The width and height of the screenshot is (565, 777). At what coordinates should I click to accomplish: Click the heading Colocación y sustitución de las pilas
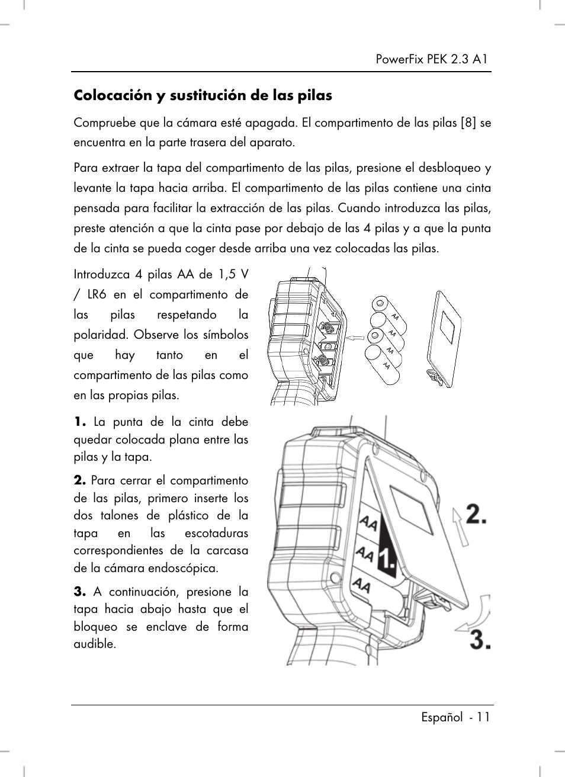pyautogui.click(x=203, y=95)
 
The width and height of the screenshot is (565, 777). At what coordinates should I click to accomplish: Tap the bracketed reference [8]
pyautogui.click(x=469, y=123)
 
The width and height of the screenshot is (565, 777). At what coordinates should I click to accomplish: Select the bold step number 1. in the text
pyautogui.click(x=82, y=422)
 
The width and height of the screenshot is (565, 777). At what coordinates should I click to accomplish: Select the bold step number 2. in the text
pyautogui.click(x=82, y=480)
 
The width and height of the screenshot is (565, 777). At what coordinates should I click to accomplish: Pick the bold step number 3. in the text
pyautogui.click(x=82, y=592)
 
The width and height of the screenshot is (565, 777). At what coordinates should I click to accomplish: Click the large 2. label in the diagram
pyautogui.click(x=477, y=514)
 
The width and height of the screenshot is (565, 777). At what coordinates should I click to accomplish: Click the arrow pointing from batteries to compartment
pyautogui.click(x=355, y=338)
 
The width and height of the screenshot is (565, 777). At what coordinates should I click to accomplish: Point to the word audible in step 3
pyautogui.click(x=94, y=644)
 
